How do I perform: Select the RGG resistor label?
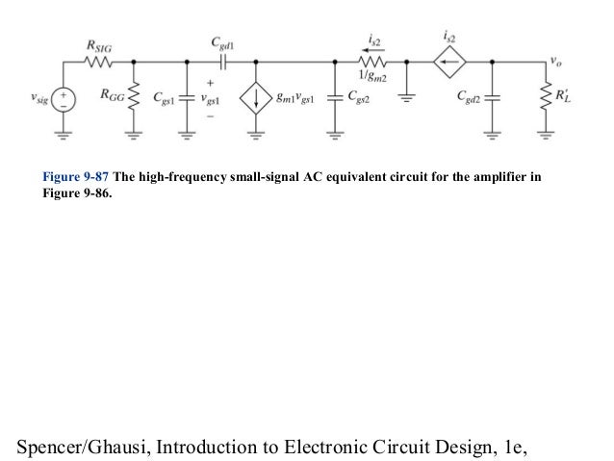pyautogui.click(x=108, y=97)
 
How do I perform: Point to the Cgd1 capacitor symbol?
pyautogui.click(x=222, y=64)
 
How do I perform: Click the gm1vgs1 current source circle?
pyautogui.click(x=257, y=97)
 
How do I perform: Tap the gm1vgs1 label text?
pyautogui.click(x=296, y=98)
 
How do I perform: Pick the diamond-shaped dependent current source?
pyautogui.click(x=448, y=64)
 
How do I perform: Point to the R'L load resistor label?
pyautogui.click(x=566, y=98)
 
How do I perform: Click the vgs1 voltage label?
pyautogui.click(x=211, y=99)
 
